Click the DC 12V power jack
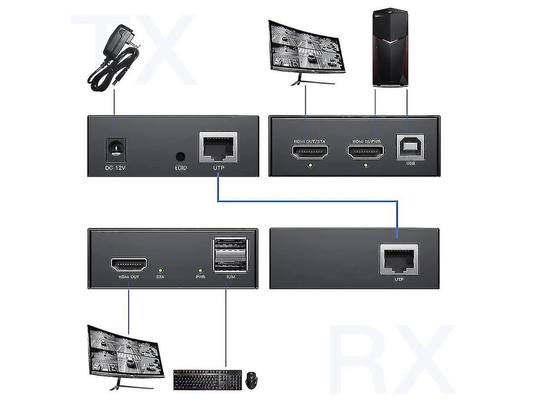click(x=114, y=147)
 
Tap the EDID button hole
click(x=181, y=156)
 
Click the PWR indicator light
click(x=200, y=269)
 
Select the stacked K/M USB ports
click(x=230, y=255)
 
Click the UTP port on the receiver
click(x=399, y=259)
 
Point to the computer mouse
click(x=252, y=379)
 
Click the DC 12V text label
click(x=114, y=168)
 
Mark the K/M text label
click(x=230, y=276)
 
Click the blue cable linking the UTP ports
click(x=308, y=201)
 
